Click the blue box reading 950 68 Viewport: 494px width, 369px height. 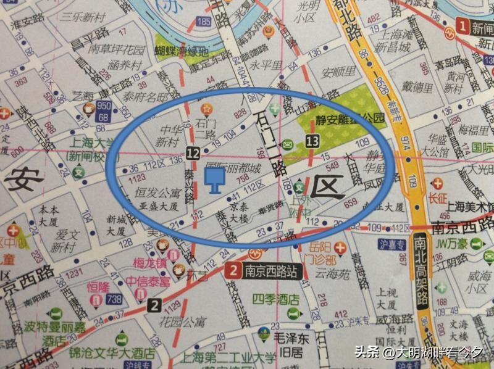tap(103, 112)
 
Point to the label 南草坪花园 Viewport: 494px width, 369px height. tap(115, 49)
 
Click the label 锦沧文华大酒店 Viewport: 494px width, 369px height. tap(112, 354)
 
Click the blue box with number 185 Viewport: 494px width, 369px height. tap(203, 22)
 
